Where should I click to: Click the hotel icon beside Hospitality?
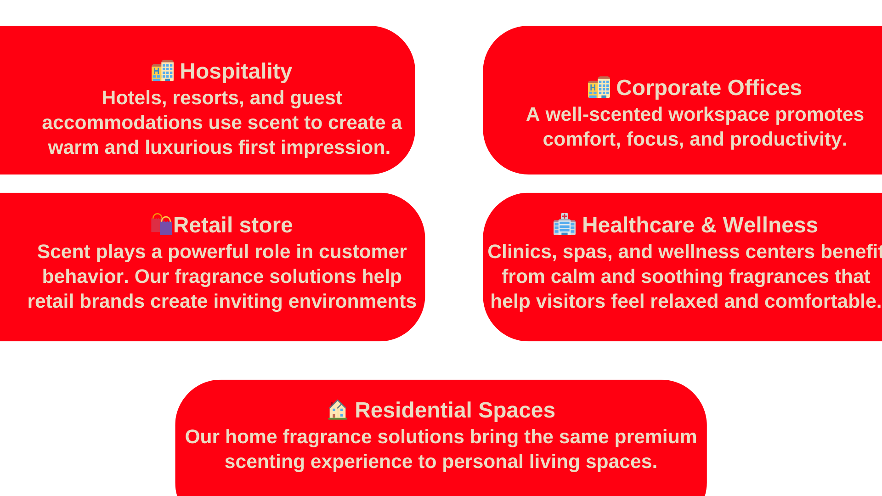click(163, 71)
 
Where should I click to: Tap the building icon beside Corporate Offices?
click(599, 87)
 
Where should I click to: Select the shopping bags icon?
click(162, 224)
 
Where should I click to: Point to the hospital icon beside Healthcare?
click(565, 224)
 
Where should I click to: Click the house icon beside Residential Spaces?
click(338, 409)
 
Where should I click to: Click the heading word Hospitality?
click(236, 72)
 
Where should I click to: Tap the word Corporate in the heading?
click(668, 88)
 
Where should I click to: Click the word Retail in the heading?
click(203, 225)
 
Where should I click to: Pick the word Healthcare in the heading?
click(638, 225)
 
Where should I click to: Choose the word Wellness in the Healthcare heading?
click(770, 225)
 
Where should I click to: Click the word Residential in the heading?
click(413, 410)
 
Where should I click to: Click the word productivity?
click(788, 140)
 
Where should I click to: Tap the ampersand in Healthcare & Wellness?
click(709, 225)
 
